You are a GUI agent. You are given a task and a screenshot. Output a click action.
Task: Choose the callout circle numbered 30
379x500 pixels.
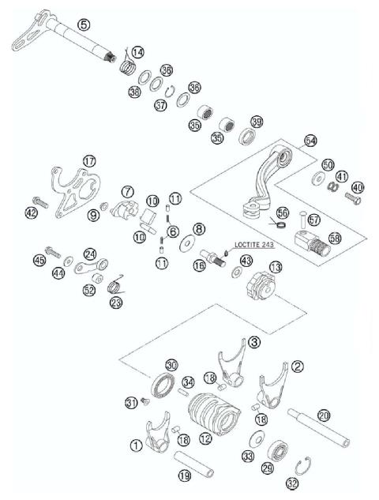(x=171, y=365)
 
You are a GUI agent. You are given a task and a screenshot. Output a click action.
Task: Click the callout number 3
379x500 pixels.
(x=253, y=342)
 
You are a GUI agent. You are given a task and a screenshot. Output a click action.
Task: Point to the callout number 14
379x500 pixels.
(x=137, y=52)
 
